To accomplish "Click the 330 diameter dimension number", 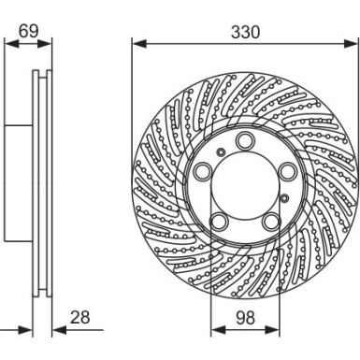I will pyautogui.click(x=246, y=31).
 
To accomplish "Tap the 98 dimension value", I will pyautogui.click(x=244, y=318).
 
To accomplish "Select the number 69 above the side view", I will pyautogui.click(x=28, y=31).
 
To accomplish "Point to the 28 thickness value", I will pyautogui.click(x=79, y=318).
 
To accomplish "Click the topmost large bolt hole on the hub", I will pyautogui.click(x=245, y=141).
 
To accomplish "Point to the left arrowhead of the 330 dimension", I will pyautogui.click(x=137, y=43).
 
